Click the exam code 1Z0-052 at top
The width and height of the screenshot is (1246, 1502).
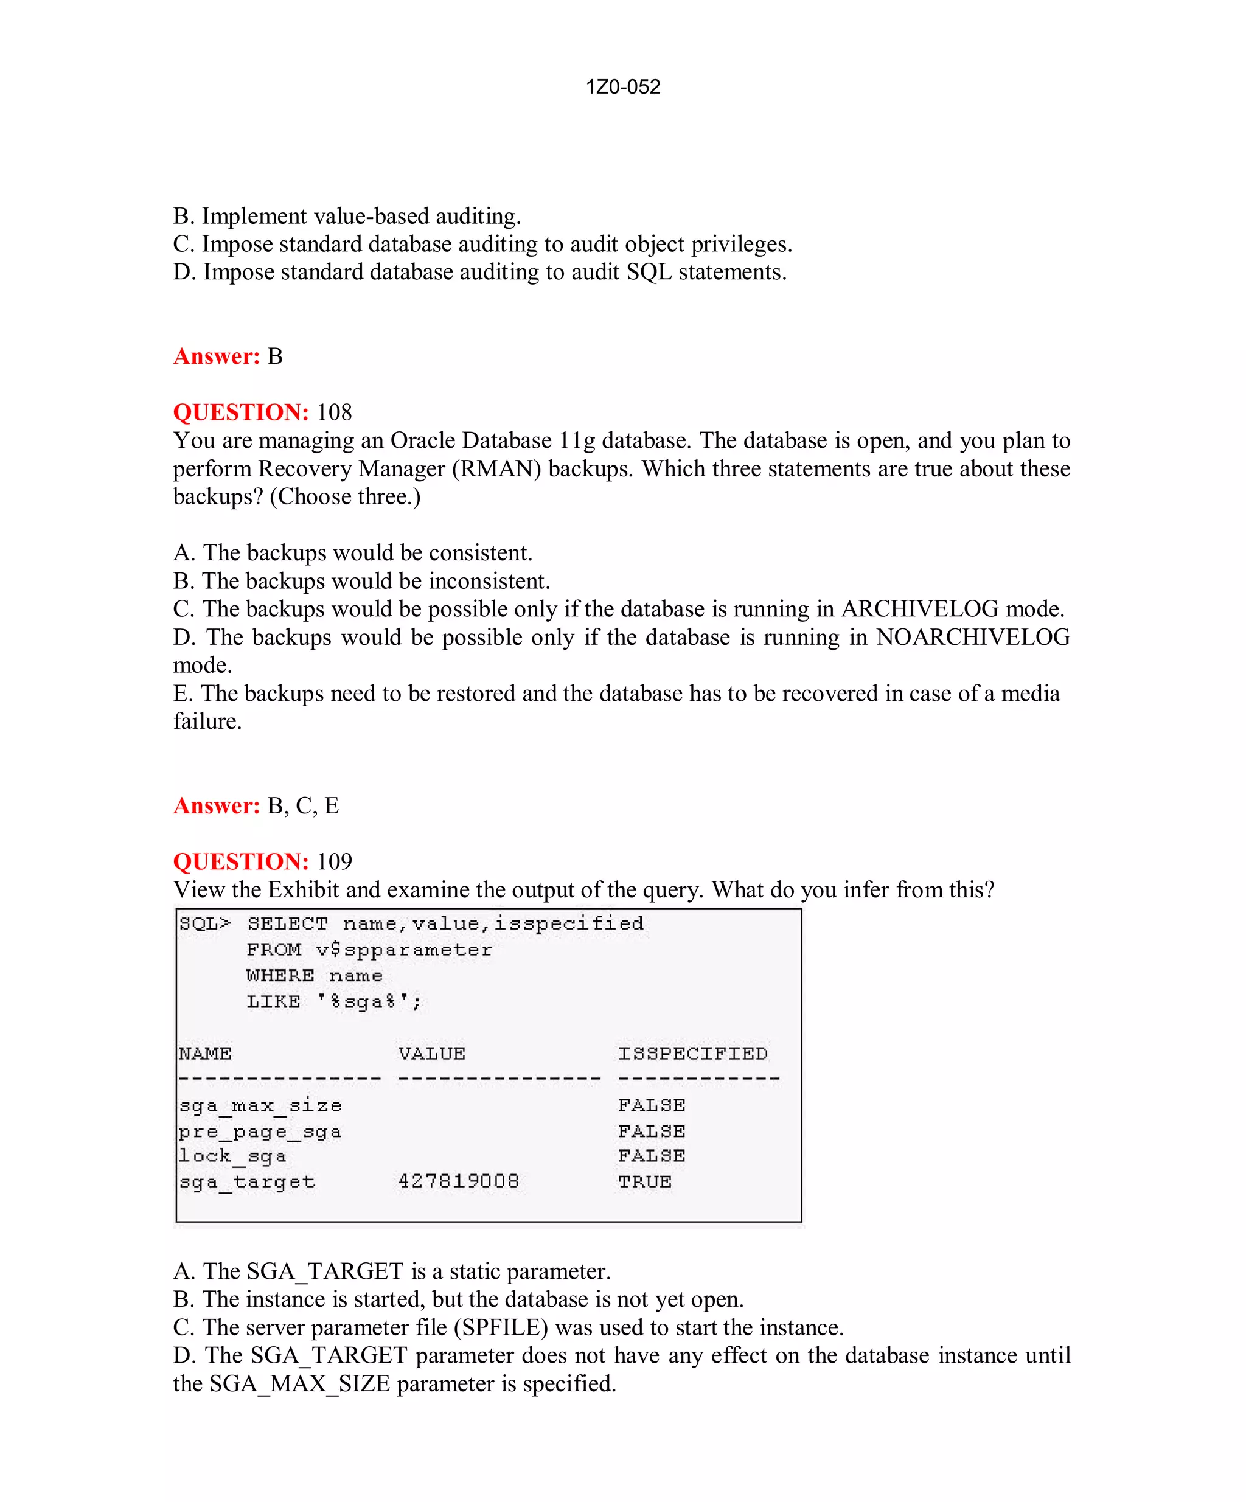(x=622, y=86)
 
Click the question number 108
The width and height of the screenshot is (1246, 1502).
(x=334, y=412)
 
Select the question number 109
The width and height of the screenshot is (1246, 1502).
(x=334, y=862)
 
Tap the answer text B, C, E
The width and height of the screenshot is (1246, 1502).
(x=302, y=806)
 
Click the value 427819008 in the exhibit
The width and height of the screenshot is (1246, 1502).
(x=459, y=1181)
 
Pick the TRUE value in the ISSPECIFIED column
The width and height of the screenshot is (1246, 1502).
(x=644, y=1181)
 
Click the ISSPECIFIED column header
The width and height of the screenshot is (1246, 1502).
(x=692, y=1054)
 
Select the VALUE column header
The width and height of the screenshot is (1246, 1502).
(x=432, y=1054)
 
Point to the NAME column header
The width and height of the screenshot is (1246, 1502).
(x=205, y=1054)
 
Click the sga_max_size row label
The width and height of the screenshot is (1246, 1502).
(x=260, y=1106)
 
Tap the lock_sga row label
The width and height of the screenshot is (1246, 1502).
(x=232, y=1156)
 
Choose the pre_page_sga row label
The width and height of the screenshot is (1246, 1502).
(x=260, y=1132)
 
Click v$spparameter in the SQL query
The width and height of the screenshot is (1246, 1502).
(x=404, y=950)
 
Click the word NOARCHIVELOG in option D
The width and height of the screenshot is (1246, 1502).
(x=973, y=638)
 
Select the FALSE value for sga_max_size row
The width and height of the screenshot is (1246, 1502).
(x=652, y=1106)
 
